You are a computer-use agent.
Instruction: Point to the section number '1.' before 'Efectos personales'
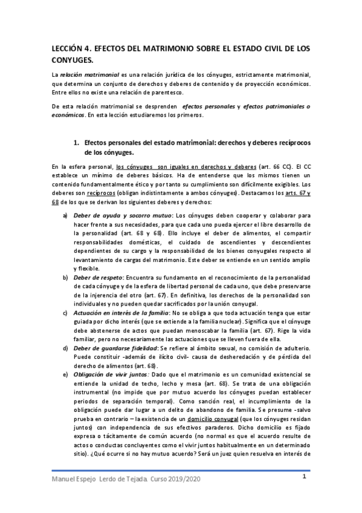coord(76,143)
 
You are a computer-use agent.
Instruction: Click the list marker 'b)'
coord(65,276)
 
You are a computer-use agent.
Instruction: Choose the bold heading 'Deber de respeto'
coord(99,276)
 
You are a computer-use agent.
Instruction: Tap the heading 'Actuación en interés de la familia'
coord(121,312)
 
